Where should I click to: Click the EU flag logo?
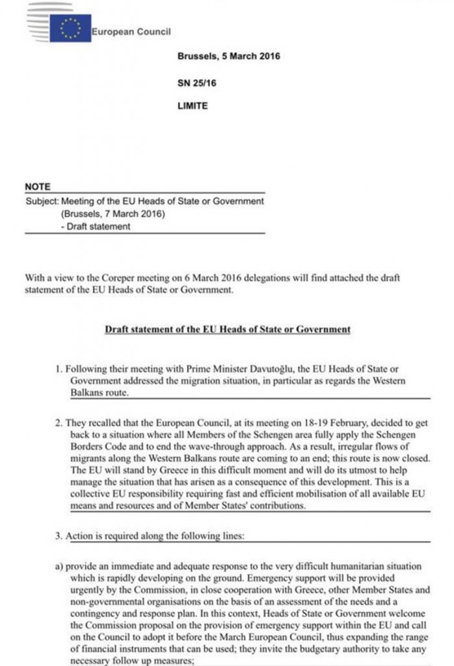(70, 29)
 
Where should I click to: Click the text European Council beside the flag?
(131, 31)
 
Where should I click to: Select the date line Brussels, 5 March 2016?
(228, 56)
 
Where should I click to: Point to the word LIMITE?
(193, 105)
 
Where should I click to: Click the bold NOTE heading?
(37, 187)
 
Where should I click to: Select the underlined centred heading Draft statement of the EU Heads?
(227, 329)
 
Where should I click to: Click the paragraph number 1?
(59, 369)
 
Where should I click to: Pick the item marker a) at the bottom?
(59, 566)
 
